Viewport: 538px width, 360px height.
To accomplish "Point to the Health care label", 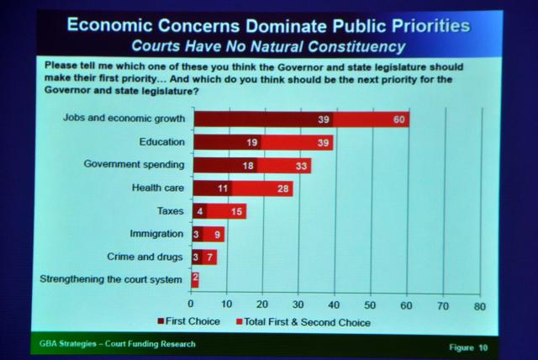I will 160,188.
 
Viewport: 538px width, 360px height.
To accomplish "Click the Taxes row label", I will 171,211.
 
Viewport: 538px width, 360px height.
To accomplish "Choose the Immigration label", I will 157,233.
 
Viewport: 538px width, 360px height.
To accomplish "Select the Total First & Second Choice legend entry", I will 303,321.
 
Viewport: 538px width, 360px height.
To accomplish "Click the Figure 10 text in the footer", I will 469,346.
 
